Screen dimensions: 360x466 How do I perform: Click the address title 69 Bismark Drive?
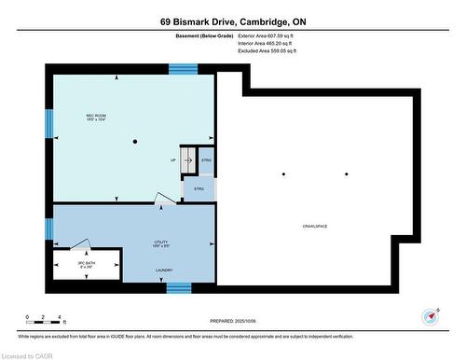233,21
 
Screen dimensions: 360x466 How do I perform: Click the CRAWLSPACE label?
314,227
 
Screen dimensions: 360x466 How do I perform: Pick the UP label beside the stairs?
172,159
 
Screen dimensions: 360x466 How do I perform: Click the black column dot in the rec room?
135,142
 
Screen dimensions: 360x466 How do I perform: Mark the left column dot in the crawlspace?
284,174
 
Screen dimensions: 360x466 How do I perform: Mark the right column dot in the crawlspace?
346,174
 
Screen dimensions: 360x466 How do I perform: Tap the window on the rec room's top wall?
183,68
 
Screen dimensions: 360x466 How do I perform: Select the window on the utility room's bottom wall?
179,287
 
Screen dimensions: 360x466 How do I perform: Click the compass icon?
432,317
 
